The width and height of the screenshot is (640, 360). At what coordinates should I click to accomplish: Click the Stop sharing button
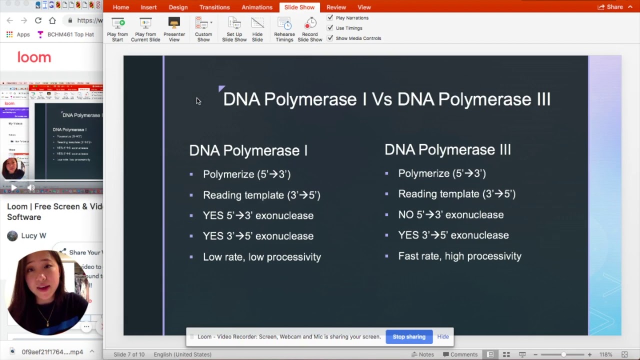[x=409, y=336]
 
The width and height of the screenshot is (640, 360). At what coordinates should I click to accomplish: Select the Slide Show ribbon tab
[x=299, y=7]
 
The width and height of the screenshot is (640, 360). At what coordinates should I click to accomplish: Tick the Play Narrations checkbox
[x=330, y=18]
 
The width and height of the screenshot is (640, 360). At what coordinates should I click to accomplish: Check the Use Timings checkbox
[x=330, y=28]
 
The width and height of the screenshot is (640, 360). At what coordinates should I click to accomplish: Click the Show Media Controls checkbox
[x=330, y=38]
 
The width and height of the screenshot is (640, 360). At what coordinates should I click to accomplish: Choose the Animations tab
[x=256, y=7]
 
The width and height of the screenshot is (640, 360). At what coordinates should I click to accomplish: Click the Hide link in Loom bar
[x=443, y=336]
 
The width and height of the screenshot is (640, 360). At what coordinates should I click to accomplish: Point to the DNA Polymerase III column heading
[x=447, y=149]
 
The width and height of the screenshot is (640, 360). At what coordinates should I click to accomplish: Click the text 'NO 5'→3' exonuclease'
[x=450, y=214]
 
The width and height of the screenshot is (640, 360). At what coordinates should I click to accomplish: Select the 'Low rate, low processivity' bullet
[x=261, y=257]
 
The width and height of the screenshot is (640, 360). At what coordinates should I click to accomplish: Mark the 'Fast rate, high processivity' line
[x=459, y=256]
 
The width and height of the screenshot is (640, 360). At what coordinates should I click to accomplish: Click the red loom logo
[x=34, y=57]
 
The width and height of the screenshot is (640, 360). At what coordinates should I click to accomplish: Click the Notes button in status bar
[x=422, y=354]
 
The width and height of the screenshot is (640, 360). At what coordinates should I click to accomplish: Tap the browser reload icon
[x=38, y=20]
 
